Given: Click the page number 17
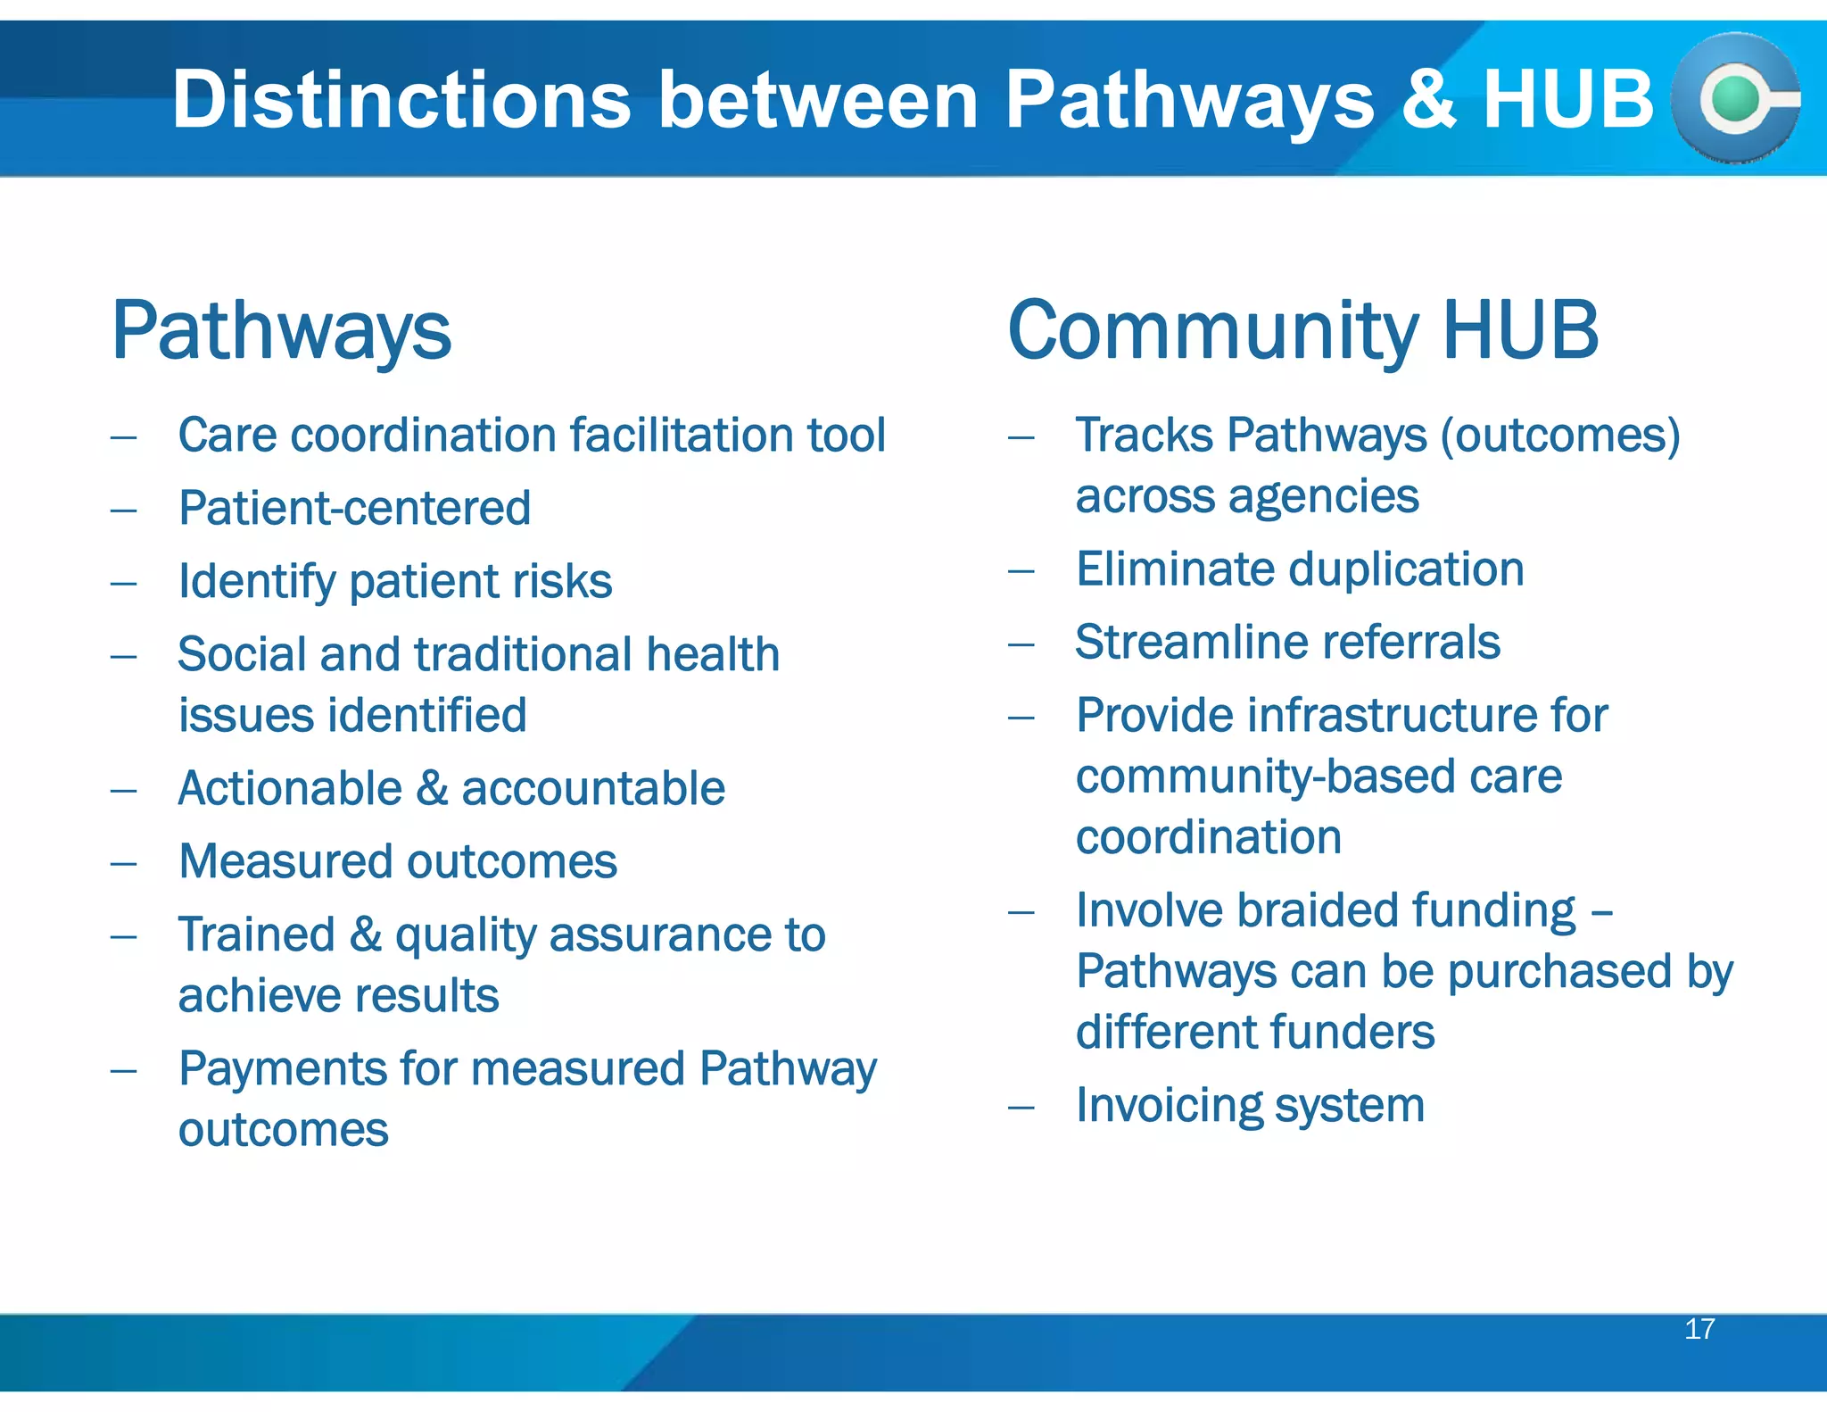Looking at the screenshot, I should click(x=1699, y=1329).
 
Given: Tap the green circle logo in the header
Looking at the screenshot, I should click(x=1734, y=99).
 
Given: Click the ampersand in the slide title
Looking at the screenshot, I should click(x=1428, y=99).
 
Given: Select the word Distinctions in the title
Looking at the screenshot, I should click(x=401, y=99).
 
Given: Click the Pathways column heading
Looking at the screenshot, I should click(x=281, y=332).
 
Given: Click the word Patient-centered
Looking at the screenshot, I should click(x=354, y=508).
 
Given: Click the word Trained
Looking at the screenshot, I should click(x=256, y=934).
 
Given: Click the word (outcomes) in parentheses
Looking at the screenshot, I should click(x=1560, y=436).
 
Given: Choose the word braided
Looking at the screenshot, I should click(x=1316, y=910).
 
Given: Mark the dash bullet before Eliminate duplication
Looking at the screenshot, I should click(x=1021, y=570).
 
